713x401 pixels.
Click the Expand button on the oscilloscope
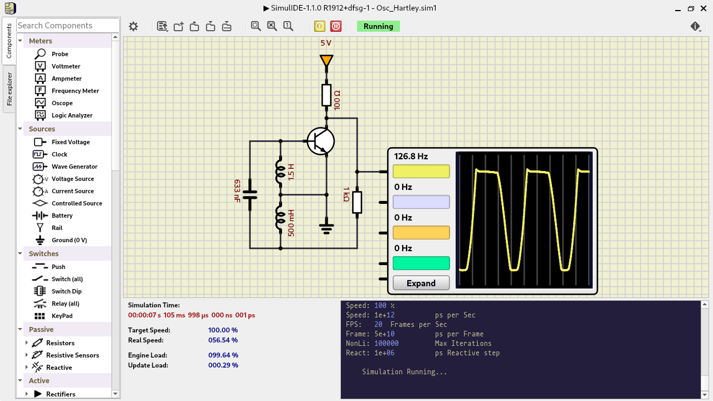tap(421, 283)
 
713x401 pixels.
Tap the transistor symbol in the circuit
tap(320, 141)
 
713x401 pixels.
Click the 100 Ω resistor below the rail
tap(326, 95)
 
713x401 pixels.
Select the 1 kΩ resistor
tap(357, 202)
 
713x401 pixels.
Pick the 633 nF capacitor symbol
tap(250, 195)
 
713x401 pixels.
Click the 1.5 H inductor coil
tap(280, 172)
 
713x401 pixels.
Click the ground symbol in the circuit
tap(326, 228)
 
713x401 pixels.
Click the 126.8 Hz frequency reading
tap(411, 157)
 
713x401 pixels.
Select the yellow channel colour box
tap(421, 172)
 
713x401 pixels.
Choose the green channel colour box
tap(421, 263)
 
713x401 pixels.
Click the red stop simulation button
tap(336, 26)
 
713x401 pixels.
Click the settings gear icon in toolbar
tap(133, 26)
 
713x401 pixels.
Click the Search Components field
tap(67, 26)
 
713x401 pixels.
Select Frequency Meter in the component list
tap(75, 91)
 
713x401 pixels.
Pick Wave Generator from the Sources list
tap(74, 167)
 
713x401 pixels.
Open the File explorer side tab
tap(9, 89)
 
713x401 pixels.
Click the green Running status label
tap(378, 26)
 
